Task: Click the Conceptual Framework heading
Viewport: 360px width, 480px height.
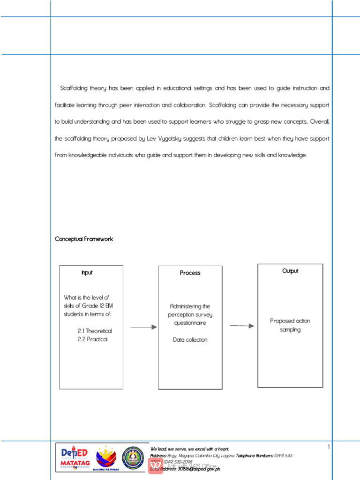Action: (84, 239)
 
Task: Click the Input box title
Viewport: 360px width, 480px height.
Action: (87, 272)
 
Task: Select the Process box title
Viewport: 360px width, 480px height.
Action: (190, 273)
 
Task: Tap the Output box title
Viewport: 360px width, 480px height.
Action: (290, 271)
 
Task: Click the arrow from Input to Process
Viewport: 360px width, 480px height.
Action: (143, 327)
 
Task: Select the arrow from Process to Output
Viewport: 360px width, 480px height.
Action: (242, 326)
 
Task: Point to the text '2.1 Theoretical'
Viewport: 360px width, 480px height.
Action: (95, 331)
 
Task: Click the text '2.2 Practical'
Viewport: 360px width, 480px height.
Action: (92, 339)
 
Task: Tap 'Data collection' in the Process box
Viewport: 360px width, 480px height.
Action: (190, 340)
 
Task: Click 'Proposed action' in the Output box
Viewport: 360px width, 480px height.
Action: (290, 321)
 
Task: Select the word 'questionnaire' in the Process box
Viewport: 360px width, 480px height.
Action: (190, 323)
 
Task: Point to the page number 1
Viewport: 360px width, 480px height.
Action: (329, 447)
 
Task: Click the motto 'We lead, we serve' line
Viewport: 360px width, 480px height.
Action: (189, 449)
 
